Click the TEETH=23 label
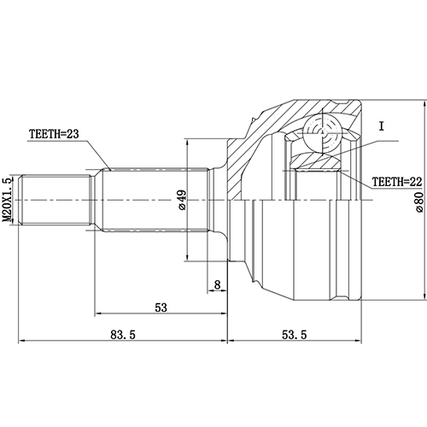(x=67, y=134)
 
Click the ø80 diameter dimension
(x=418, y=202)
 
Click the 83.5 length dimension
(x=121, y=336)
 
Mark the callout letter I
(x=383, y=127)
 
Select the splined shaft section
(x=154, y=202)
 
